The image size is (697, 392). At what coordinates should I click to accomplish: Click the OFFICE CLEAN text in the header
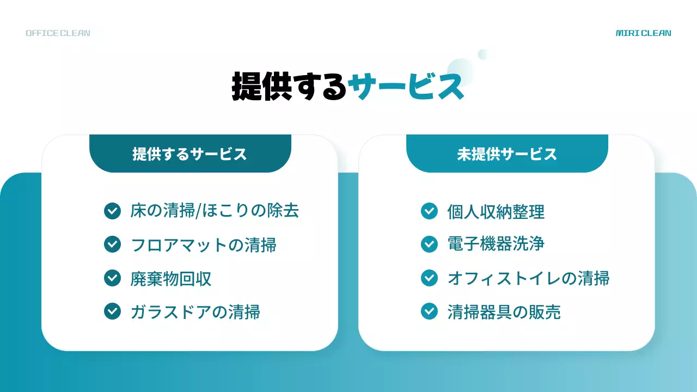coord(58,33)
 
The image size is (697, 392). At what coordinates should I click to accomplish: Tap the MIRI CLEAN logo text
coord(643,33)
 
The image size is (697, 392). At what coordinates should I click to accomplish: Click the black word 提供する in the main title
coord(289,86)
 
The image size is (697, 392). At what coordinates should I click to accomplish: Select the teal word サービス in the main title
coord(406,86)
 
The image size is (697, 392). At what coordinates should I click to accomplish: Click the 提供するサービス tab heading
coord(190,154)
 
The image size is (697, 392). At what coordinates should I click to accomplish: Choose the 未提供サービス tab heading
coord(507,154)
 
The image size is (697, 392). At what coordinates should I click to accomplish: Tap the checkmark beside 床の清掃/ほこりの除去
coord(112,211)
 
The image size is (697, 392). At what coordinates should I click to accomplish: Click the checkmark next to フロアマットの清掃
coord(112,244)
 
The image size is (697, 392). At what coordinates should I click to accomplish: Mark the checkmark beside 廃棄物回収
coord(112,278)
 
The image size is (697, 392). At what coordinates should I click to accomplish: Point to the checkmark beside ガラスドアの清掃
coord(112,311)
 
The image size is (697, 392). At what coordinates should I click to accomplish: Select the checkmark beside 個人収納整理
coord(429,211)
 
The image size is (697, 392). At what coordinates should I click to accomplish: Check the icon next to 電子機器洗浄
coord(429,244)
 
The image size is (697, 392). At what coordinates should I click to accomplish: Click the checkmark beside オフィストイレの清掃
coord(429,278)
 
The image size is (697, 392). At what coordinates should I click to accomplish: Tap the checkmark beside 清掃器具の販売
coord(429,311)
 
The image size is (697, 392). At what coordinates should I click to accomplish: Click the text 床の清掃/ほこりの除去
coord(215,211)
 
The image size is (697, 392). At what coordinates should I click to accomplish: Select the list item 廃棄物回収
coord(171,279)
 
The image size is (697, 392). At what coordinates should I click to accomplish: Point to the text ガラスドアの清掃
coord(195,312)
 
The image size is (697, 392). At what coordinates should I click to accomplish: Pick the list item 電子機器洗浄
coord(496,244)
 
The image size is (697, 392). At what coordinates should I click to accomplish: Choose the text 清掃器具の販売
coord(504,312)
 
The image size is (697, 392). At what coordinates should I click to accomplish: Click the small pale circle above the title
coord(482,54)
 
